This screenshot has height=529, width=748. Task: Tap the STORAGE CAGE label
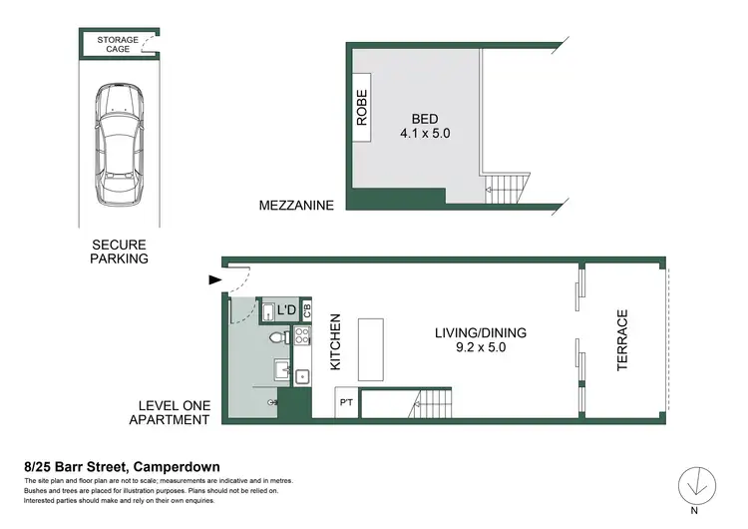pyautogui.click(x=118, y=44)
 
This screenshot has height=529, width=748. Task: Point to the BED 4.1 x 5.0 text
pyautogui.click(x=421, y=123)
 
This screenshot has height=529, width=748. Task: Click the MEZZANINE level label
pyautogui.click(x=295, y=206)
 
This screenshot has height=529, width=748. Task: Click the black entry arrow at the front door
pyautogui.click(x=214, y=280)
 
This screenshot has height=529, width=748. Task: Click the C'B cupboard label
pyautogui.click(x=307, y=310)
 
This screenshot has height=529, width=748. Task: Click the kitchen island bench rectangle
pyautogui.click(x=370, y=350)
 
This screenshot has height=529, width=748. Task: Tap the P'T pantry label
pyautogui.click(x=346, y=404)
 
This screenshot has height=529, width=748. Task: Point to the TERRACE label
pyautogui.click(x=622, y=340)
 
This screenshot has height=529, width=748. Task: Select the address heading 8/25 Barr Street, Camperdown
pyautogui.click(x=122, y=466)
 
